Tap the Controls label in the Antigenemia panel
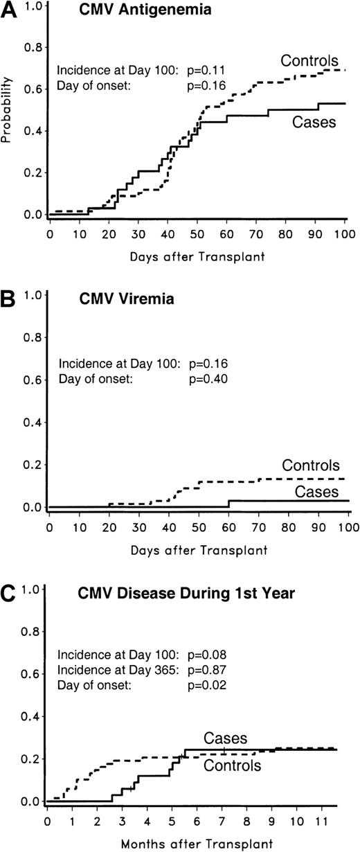click(x=310, y=60)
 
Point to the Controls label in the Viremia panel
click(x=310, y=465)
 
